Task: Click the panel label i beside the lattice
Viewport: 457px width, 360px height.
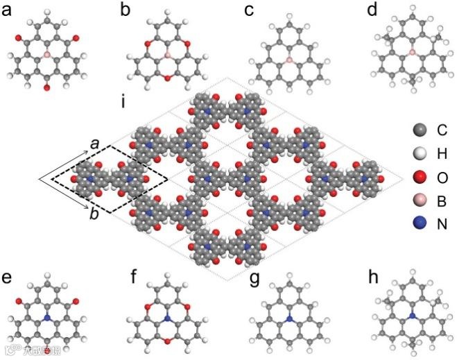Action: pos(123,105)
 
